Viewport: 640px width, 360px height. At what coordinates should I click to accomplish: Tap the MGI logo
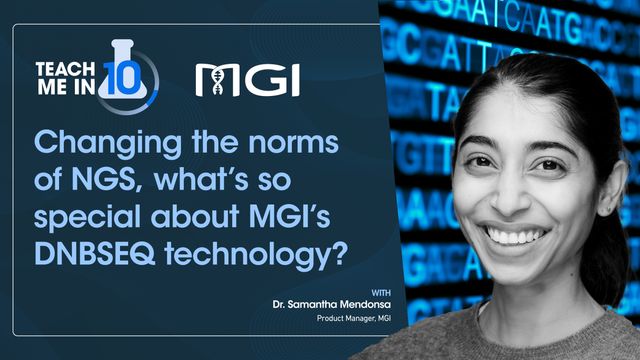point(247,79)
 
